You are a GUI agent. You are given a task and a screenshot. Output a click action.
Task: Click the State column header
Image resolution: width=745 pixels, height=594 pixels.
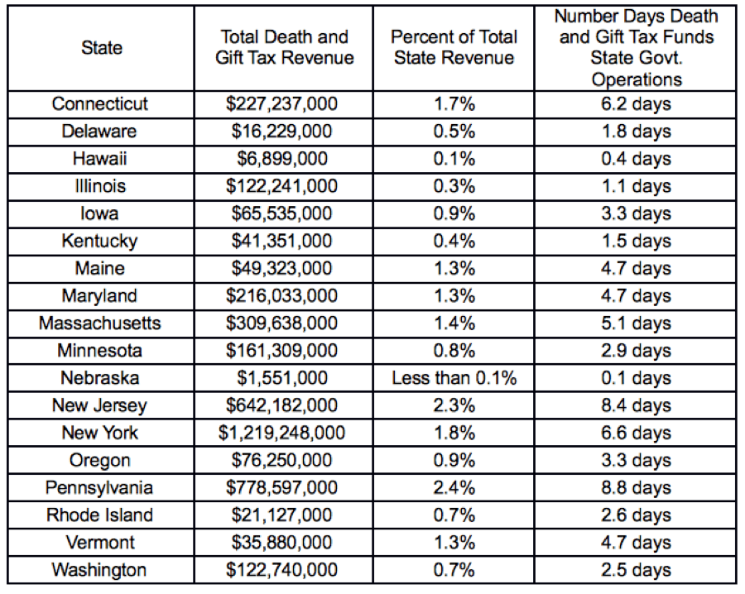(x=100, y=48)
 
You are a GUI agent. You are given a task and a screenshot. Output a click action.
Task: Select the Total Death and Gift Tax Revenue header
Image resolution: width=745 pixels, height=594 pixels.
(x=284, y=48)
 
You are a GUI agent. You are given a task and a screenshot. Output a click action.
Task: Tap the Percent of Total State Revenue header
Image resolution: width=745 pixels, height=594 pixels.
(x=454, y=48)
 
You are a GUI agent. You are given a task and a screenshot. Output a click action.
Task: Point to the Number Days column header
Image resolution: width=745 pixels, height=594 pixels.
(x=637, y=48)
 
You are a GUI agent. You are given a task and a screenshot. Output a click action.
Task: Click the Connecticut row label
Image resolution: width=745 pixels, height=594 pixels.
(x=100, y=104)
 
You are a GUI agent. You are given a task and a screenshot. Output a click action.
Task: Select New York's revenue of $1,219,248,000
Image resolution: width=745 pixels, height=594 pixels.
(x=284, y=433)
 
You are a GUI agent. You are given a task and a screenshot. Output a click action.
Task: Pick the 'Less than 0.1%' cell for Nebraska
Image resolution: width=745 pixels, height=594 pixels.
(x=454, y=378)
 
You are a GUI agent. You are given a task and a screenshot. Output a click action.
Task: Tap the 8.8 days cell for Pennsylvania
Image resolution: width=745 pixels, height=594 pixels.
(x=637, y=487)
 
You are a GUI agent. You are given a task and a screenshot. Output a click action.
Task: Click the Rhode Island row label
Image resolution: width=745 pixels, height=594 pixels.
(x=100, y=515)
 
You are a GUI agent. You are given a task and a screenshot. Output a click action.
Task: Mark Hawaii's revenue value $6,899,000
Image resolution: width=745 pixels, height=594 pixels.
(x=284, y=159)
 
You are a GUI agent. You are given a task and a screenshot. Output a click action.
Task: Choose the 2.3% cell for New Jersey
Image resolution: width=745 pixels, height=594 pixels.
(x=454, y=405)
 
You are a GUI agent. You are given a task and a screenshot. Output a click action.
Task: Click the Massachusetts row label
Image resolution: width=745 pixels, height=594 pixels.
(x=100, y=323)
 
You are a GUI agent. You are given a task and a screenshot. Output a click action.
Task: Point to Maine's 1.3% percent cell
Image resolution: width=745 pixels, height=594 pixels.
(x=454, y=269)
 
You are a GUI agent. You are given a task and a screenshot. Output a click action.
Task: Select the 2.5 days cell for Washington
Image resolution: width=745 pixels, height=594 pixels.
(x=637, y=569)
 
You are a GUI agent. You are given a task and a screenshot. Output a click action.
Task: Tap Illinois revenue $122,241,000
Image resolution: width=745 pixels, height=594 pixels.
(x=284, y=186)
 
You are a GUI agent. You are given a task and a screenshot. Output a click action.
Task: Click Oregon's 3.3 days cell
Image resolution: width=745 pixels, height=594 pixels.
(x=637, y=460)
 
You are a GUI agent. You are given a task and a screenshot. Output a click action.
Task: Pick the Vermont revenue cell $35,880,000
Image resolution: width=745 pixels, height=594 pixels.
(x=284, y=542)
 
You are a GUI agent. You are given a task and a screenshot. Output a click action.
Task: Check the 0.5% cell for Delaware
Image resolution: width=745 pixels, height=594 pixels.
(x=454, y=132)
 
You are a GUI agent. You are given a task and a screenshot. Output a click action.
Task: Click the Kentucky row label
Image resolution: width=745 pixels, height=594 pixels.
(x=100, y=241)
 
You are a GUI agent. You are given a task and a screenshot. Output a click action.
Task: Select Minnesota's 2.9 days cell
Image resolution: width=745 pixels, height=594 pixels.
(x=637, y=351)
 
